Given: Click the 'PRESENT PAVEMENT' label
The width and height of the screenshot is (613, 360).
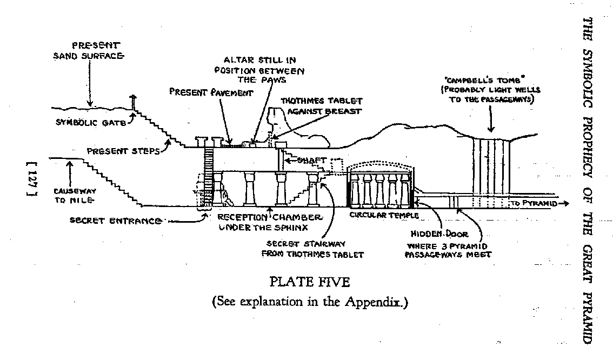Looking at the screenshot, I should [211, 92].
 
